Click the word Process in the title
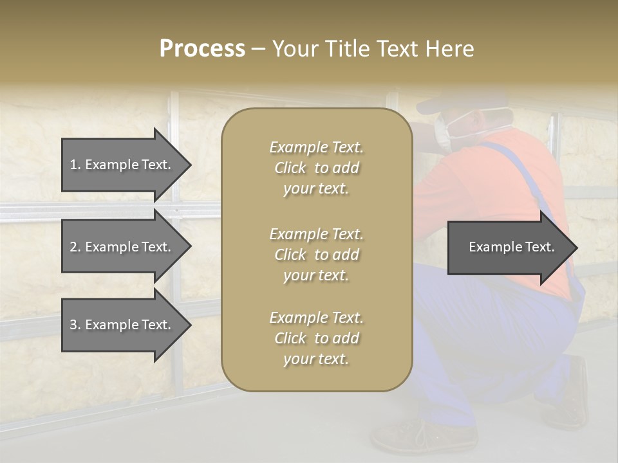click(202, 49)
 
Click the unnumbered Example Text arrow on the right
click(511, 248)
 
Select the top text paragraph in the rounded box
click(316, 168)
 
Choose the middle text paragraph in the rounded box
click(316, 255)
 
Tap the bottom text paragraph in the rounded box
click(316, 338)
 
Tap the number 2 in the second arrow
click(73, 247)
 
